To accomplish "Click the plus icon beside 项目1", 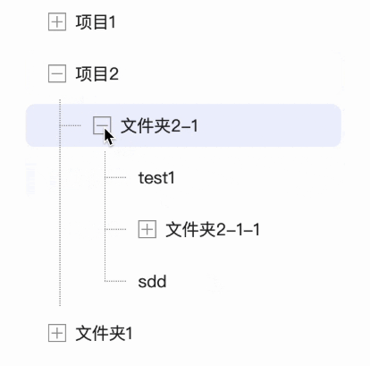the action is (x=57, y=22).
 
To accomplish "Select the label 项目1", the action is (x=96, y=22).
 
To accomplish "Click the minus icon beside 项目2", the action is (x=57, y=73).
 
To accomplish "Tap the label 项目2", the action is (x=97, y=73).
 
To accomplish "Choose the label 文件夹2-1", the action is (x=159, y=125).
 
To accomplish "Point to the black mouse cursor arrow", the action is (x=108, y=137).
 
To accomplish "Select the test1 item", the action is (x=156, y=178).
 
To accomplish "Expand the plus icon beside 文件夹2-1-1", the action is (x=147, y=229).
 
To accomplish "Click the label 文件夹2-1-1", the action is (x=213, y=229).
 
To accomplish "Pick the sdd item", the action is (x=152, y=281).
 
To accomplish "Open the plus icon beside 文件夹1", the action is (x=57, y=333).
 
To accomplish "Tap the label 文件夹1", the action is (x=104, y=333).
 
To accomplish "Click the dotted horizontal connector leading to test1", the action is (x=115, y=177).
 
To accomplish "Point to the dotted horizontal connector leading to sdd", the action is (x=115, y=281).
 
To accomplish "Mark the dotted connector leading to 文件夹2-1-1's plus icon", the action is (x=115, y=229).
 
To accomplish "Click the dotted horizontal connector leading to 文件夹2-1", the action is (x=71, y=125).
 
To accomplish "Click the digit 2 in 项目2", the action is (x=114, y=74).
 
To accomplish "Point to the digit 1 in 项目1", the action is (x=113, y=22).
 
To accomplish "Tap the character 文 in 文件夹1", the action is (x=83, y=333).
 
